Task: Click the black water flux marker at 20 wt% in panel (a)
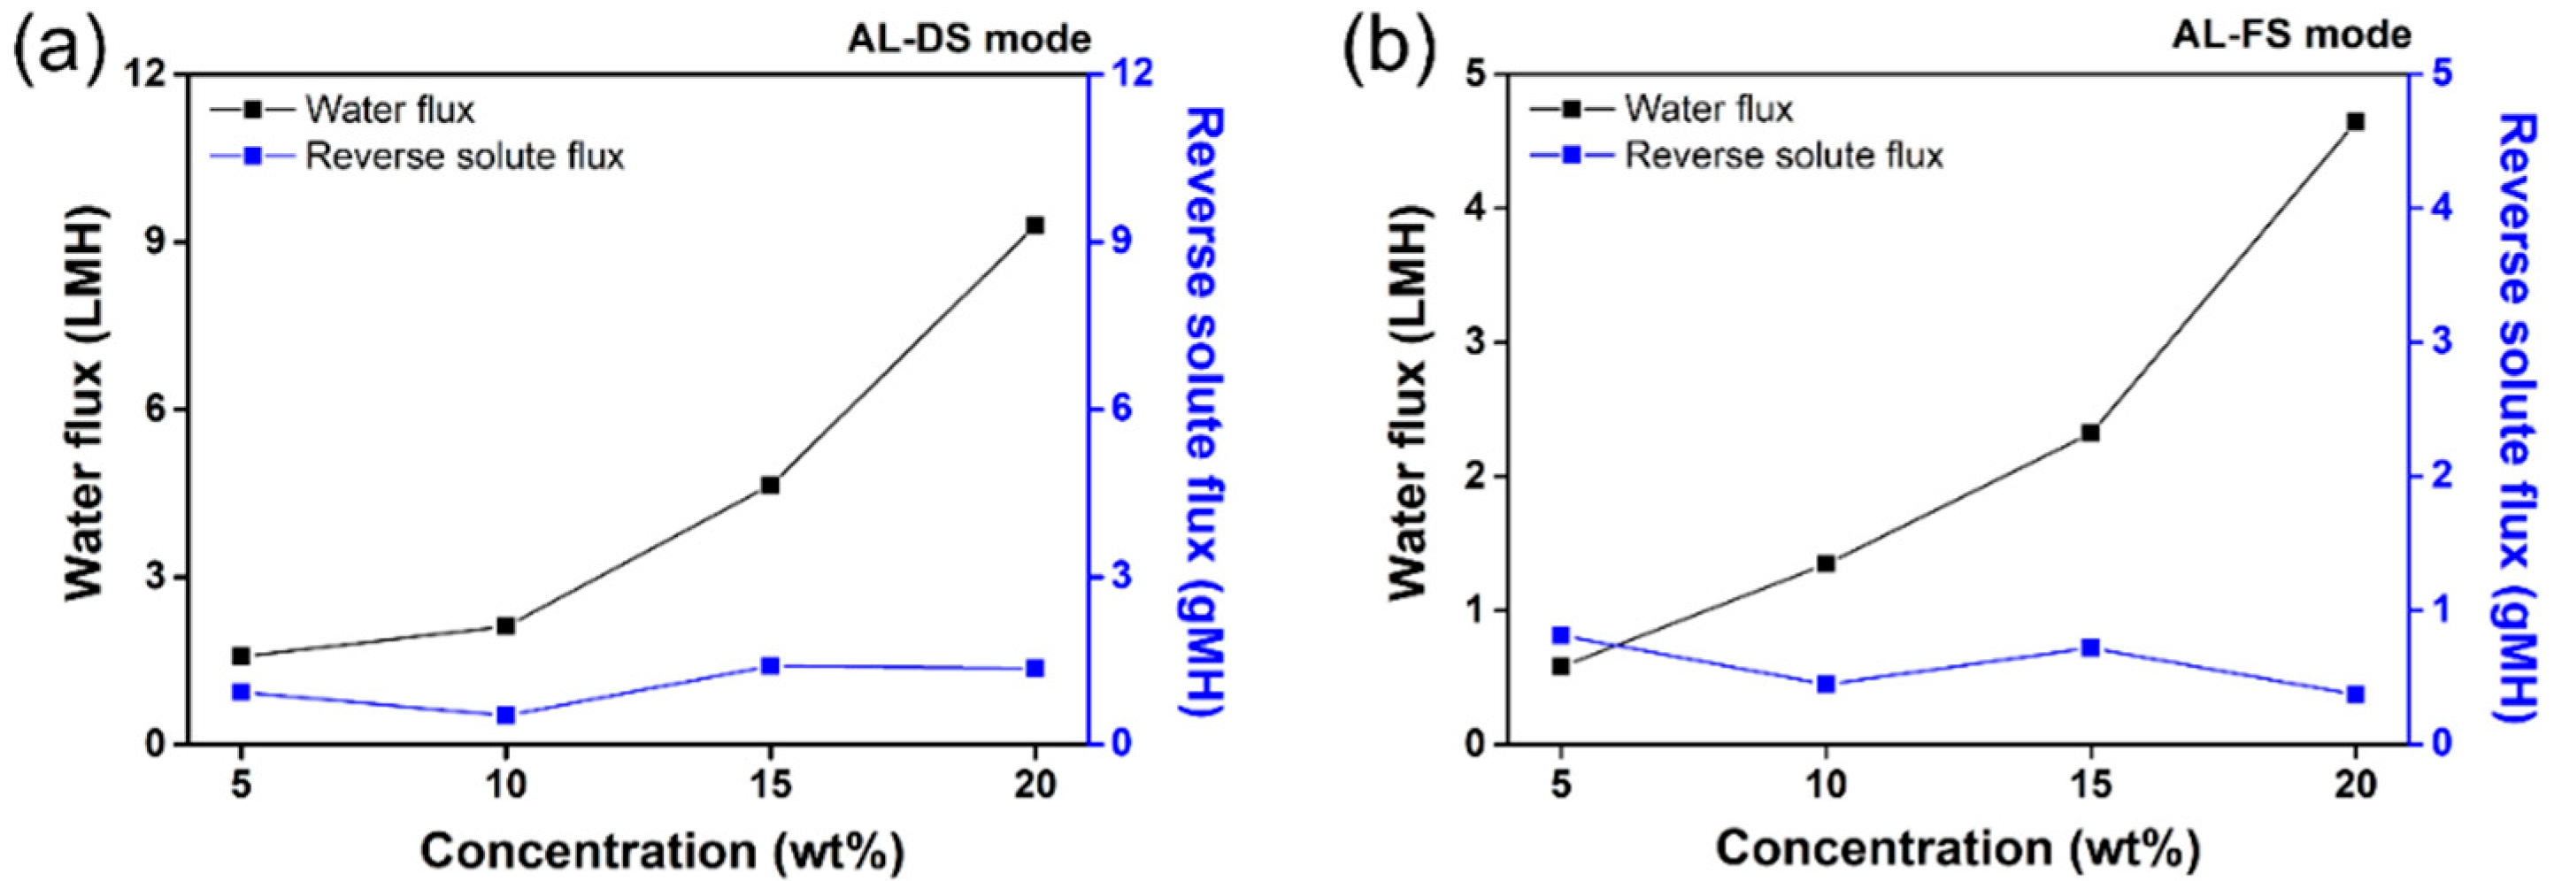(1035, 226)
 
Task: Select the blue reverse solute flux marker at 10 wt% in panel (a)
(505, 715)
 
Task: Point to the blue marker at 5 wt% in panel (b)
(1560, 635)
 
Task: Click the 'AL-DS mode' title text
(969, 40)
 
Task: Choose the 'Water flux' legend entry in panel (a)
(388, 109)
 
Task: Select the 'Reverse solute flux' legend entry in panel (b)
(1783, 156)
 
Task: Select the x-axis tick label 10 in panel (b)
(1826, 785)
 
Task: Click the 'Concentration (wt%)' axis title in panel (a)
(661, 850)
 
